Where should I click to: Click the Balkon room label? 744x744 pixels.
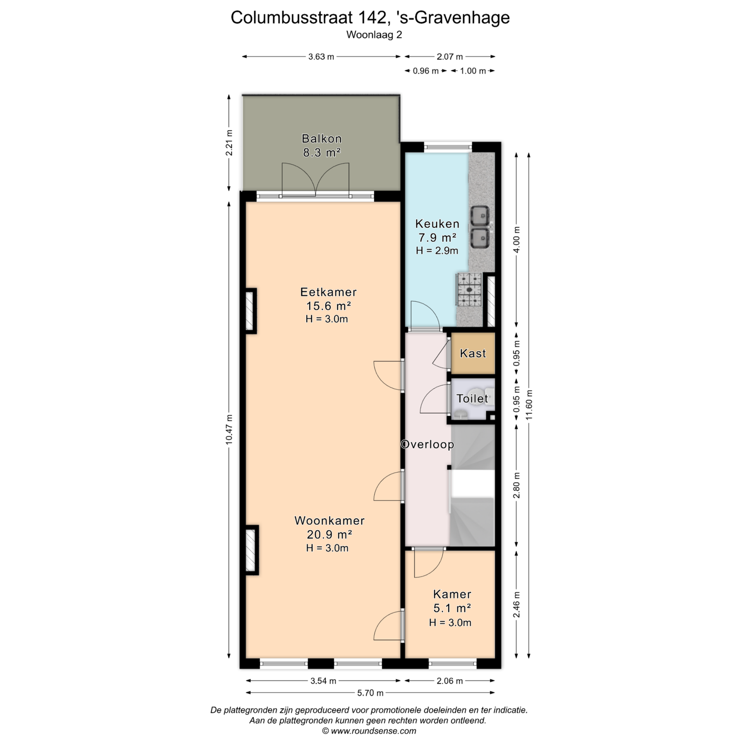coord(322,139)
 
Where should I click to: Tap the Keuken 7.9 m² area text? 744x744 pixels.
coord(437,238)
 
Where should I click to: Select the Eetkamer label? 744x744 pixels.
coord(328,292)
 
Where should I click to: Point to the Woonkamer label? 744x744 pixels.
coord(329,521)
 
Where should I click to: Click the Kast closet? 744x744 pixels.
coord(473,353)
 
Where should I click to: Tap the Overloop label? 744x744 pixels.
coord(427,445)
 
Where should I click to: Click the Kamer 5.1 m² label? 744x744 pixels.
coord(452,601)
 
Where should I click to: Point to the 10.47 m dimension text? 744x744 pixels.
coord(229,429)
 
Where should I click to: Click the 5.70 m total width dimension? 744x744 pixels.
coord(370,693)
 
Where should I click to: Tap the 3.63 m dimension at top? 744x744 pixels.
coord(321,57)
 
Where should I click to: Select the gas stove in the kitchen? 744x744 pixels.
coord(469,290)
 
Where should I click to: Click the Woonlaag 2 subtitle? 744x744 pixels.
coord(374,35)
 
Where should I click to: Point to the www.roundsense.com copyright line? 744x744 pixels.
coord(369,731)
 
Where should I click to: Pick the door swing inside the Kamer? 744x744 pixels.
coord(428,563)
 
